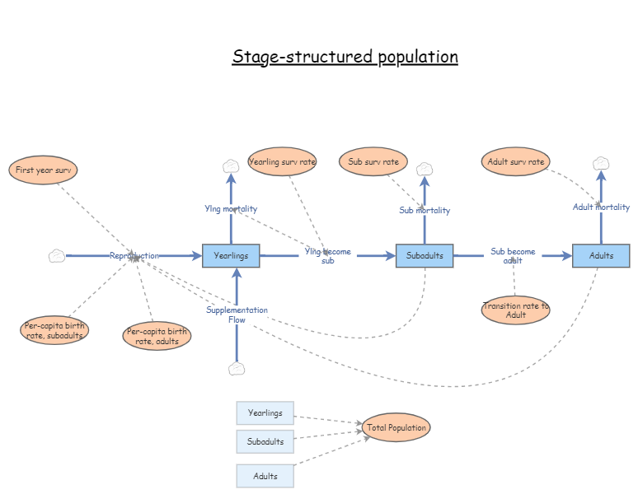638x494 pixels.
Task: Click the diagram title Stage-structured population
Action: pyautogui.click(x=345, y=57)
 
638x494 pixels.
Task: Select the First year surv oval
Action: pyautogui.click(x=44, y=170)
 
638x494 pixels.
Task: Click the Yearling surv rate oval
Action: pyautogui.click(x=282, y=161)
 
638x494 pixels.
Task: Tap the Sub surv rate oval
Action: pyautogui.click(x=373, y=161)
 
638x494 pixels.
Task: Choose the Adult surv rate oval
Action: pyautogui.click(x=515, y=161)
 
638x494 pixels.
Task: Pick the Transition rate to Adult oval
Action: pyautogui.click(x=515, y=310)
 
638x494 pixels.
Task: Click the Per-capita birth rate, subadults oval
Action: pyautogui.click(x=54, y=330)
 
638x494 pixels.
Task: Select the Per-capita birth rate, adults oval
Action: pyautogui.click(x=157, y=336)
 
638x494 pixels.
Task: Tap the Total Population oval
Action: pyautogui.click(x=396, y=427)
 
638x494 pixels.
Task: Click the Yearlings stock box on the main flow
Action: pyautogui.click(x=231, y=256)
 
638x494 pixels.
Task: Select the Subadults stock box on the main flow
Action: pyautogui.click(x=425, y=256)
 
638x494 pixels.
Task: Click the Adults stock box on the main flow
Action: pyautogui.click(x=601, y=256)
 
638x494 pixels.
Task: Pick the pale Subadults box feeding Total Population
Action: pyautogui.click(x=265, y=441)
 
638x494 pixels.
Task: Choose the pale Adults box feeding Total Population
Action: pyautogui.click(x=265, y=476)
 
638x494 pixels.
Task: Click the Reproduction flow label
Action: pyautogui.click(x=134, y=256)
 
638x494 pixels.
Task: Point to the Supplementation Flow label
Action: pyautogui.click(x=237, y=315)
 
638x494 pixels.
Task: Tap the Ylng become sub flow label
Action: pyautogui.click(x=327, y=255)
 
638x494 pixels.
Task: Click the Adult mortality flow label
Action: pyautogui.click(x=601, y=207)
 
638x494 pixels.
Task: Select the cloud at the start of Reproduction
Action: pyautogui.click(x=56, y=256)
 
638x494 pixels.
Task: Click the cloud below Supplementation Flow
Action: pyautogui.click(x=237, y=368)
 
